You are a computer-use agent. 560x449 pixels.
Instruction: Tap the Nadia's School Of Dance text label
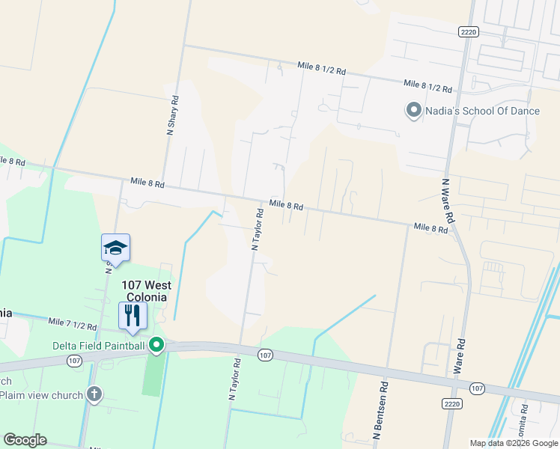point(483,111)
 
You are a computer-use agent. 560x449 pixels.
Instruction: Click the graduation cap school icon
point(116,247)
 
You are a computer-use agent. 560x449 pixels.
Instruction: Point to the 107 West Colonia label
point(147,290)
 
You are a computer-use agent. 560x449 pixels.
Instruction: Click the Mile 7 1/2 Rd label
point(73,324)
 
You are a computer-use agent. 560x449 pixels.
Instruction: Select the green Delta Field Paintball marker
point(156,345)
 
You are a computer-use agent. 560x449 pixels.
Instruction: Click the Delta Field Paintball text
point(98,345)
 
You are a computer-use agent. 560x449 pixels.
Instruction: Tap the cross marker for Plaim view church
point(94,394)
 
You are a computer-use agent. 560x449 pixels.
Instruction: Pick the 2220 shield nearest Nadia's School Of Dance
point(469,31)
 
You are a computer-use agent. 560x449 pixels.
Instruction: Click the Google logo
point(25,440)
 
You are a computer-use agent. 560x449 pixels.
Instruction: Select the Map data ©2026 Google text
point(513,443)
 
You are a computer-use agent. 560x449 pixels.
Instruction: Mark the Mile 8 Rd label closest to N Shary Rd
point(147,182)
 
